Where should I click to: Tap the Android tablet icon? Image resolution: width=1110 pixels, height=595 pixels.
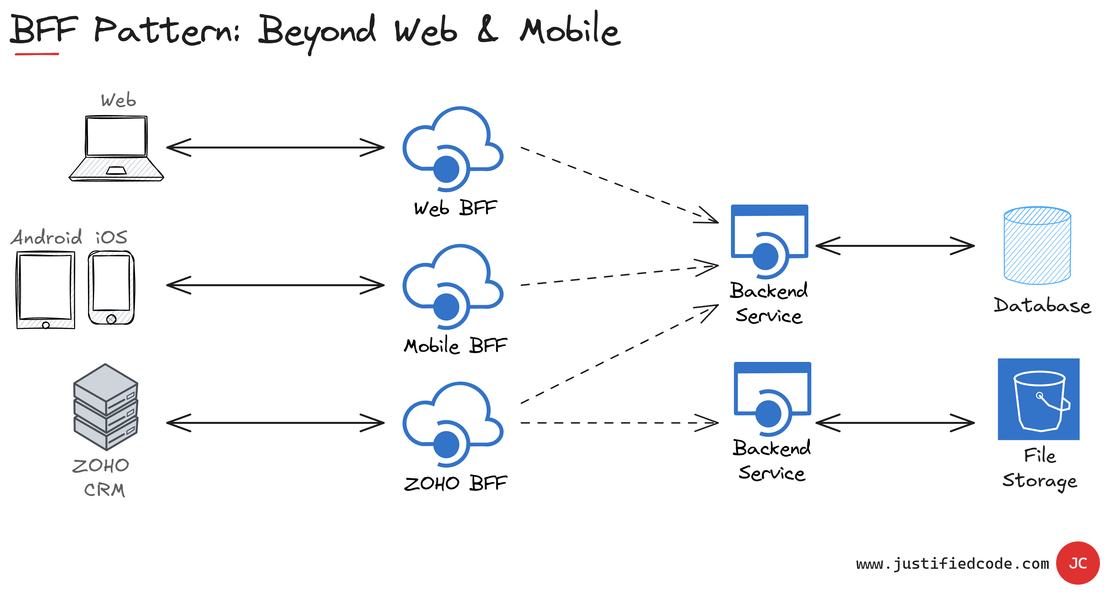(45, 289)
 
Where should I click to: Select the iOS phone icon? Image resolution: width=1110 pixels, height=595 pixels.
(111, 288)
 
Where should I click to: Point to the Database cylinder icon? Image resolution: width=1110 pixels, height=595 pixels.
(1037, 245)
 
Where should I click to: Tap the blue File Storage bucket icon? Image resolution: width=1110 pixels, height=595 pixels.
(1039, 399)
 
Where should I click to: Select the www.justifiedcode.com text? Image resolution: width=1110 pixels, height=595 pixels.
(952, 564)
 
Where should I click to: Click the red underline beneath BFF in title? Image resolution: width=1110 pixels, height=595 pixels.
(37, 54)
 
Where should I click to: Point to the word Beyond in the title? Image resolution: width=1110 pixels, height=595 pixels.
(317, 31)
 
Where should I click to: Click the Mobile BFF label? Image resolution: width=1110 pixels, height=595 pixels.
(455, 346)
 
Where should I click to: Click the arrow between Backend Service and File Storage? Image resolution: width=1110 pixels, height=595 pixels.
(895, 423)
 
